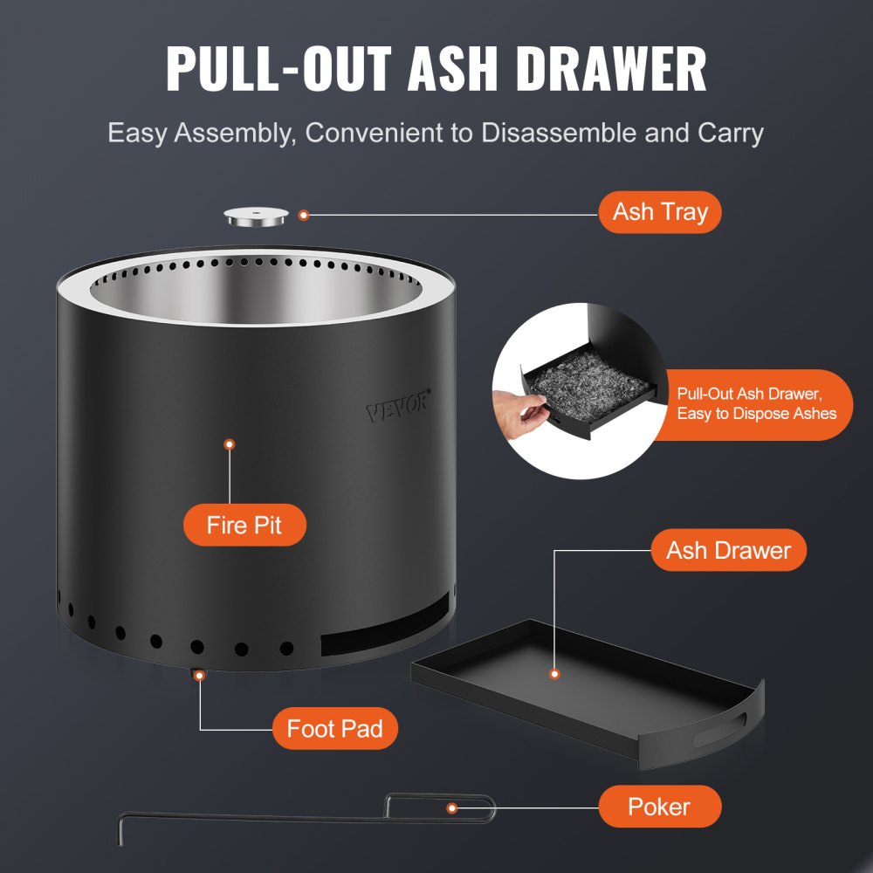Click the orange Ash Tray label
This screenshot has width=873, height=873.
tap(659, 212)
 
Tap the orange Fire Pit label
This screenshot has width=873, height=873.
tap(244, 526)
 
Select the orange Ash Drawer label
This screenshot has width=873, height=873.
tap(728, 550)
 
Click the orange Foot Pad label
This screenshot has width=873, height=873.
tap(334, 729)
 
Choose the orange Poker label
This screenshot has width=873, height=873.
tap(659, 806)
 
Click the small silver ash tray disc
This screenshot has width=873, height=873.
tap(257, 217)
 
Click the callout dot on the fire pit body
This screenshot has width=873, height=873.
tap(230, 444)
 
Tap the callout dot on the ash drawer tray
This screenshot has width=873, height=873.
tap(553, 674)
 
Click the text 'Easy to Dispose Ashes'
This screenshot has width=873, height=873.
tap(756, 414)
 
